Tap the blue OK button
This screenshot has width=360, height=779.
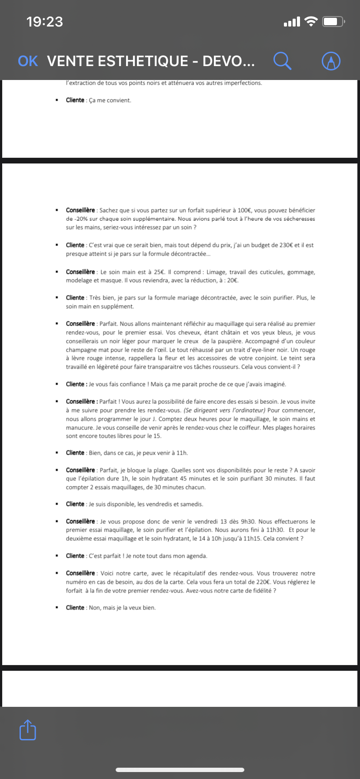pyautogui.click(x=28, y=61)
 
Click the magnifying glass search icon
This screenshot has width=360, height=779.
pyautogui.click(x=282, y=61)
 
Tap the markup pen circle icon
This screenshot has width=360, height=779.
pyautogui.click(x=331, y=61)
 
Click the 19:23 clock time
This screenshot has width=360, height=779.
pyautogui.click(x=44, y=22)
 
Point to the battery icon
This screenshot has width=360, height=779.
pyautogui.click(x=333, y=22)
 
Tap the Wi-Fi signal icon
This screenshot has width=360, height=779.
pyautogui.click(x=311, y=22)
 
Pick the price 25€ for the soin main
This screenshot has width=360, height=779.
pyautogui.click(x=159, y=272)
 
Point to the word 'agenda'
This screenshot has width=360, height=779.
pyautogui.click(x=197, y=556)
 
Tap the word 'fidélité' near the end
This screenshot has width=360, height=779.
pyautogui.click(x=260, y=591)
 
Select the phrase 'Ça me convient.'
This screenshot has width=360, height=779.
pyautogui.click(x=110, y=100)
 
